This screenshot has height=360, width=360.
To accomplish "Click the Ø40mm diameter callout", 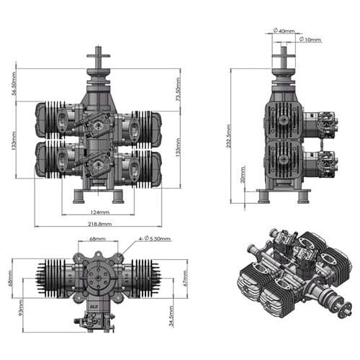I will pyautogui.click(x=284, y=30).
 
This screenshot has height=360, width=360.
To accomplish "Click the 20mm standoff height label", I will pyautogui.click(x=243, y=174).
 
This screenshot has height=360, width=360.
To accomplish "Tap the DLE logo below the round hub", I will pyautogui.click(x=94, y=307).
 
